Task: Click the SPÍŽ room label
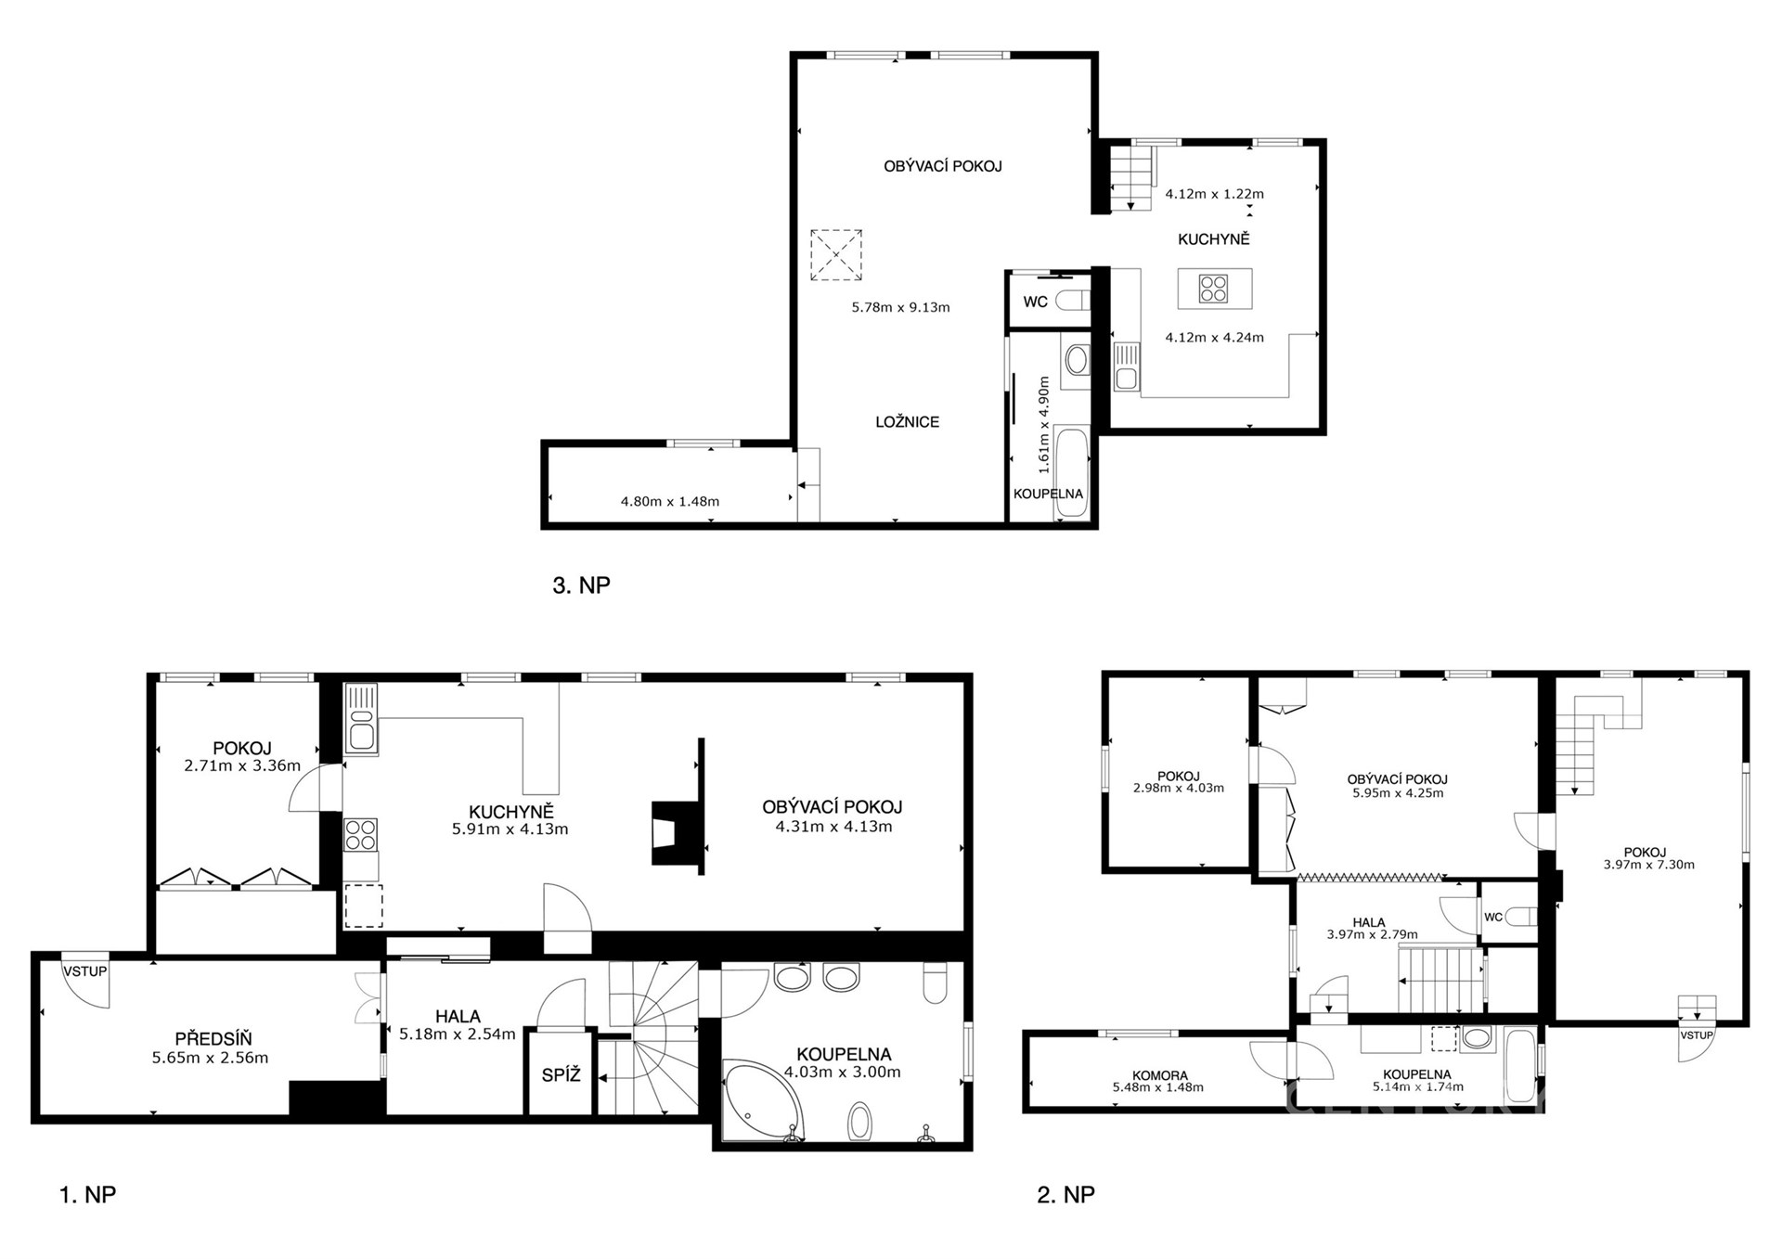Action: pyautogui.click(x=561, y=1075)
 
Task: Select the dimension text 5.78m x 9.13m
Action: pyautogui.click(x=900, y=307)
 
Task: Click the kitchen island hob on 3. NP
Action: pyautogui.click(x=1213, y=289)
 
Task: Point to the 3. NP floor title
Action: pyautogui.click(x=581, y=585)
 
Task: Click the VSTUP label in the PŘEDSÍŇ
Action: pyautogui.click(x=85, y=971)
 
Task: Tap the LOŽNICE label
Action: pyautogui.click(x=908, y=422)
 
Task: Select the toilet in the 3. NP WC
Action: pyautogui.click(x=1073, y=302)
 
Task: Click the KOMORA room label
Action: pyautogui.click(x=1160, y=1076)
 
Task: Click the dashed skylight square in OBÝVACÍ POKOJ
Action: pyautogui.click(x=835, y=255)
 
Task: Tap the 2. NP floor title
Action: pyautogui.click(x=1065, y=1194)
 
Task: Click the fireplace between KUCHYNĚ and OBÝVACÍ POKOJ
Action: pyautogui.click(x=677, y=833)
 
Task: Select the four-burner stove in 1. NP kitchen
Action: pyautogui.click(x=361, y=834)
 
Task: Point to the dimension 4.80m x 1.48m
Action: pyautogui.click(x=670, y=502)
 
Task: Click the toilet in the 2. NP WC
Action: pyautogui.click(x=1520, y=917)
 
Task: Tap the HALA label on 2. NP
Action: pyautogui.click(x=1369, y=923)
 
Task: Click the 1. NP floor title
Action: pyautogui.click(x=87, y=1194)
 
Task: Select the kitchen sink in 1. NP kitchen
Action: pyautogui.click(x=361, y=718)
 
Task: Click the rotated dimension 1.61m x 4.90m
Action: pyautogui.click(x=1044, y=420)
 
